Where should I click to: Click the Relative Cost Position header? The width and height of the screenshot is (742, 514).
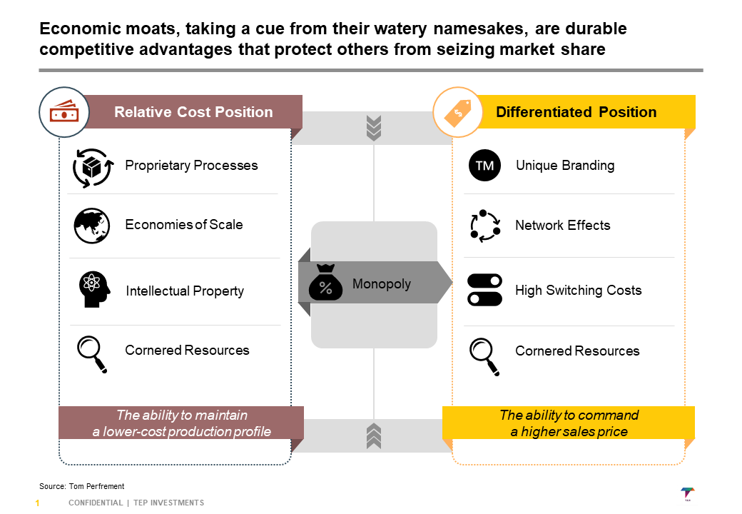[x=193, y=112]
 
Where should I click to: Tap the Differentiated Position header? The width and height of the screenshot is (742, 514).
[x=576, y=112]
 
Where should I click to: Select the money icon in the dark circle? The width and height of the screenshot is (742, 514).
[x=63, y=112]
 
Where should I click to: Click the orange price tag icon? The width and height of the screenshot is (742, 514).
[x=457, y=111]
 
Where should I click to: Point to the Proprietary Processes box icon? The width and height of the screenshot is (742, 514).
[x=93, y=167]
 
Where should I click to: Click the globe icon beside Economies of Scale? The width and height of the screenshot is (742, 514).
[x=91, y=226]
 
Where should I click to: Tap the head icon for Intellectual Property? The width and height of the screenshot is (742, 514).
[x=94, y=290]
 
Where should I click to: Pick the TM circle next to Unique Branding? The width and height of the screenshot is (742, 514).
[x=484, y=166]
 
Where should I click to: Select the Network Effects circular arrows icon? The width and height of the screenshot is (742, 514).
[x=484, y=226]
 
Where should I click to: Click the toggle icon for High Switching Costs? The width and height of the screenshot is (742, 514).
[x=484, y=290]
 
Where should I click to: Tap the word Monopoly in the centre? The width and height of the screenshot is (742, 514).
[x=382, y=284]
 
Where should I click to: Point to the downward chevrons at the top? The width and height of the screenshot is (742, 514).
[x=373, y=128]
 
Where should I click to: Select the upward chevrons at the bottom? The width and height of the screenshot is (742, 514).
[x=373, y=435]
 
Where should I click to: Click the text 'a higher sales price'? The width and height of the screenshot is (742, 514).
[x=569, y=431]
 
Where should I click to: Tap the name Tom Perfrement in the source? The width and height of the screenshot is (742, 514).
[x=96, y=486]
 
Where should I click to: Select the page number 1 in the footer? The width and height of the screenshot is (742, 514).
[x=37, y=503]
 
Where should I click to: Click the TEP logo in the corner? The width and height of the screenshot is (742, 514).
[x=688, y=494]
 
